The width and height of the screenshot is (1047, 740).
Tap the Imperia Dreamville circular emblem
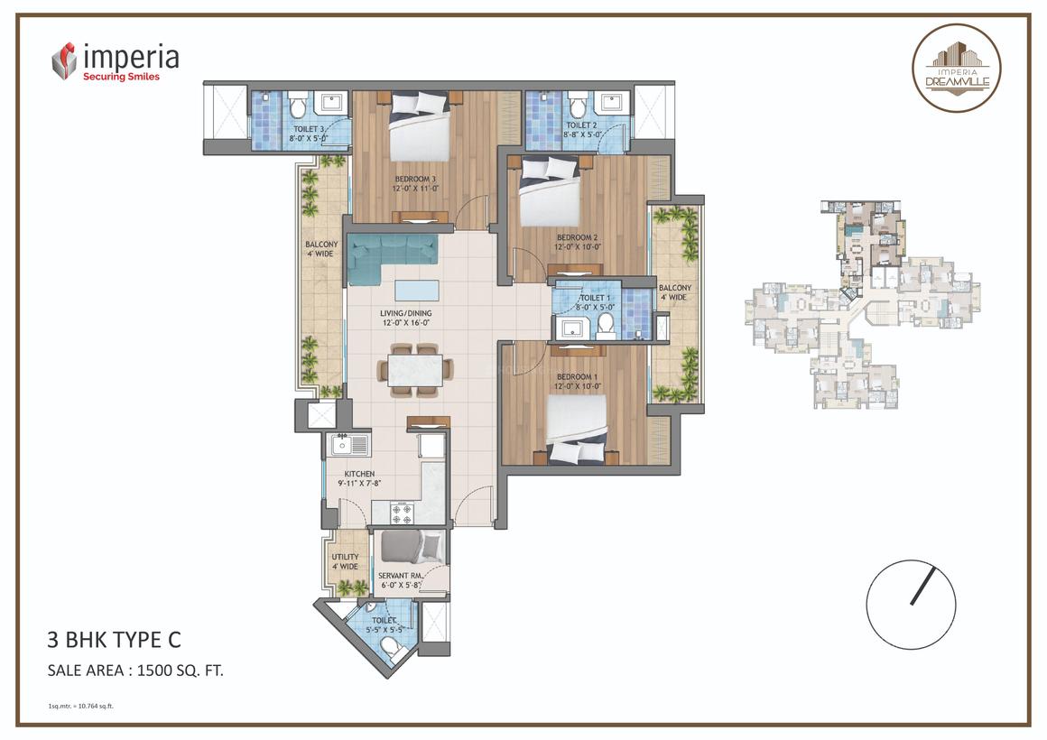956,69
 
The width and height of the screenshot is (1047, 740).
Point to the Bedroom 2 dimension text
578,246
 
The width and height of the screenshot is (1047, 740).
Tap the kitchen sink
348,444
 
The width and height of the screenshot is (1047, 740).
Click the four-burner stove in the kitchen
402,513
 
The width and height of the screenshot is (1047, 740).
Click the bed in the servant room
411,547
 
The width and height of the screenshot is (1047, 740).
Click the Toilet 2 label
581,125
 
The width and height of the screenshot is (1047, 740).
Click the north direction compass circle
911,600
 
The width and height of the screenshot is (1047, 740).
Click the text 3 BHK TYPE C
114,641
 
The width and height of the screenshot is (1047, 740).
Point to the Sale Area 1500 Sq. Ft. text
135,670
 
